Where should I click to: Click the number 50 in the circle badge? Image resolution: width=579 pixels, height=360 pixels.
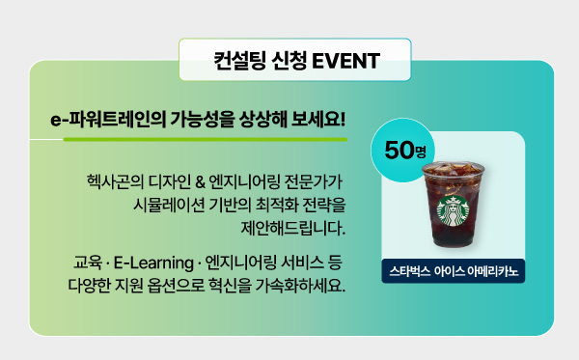tap(398, 150)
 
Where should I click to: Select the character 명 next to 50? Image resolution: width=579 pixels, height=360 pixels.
tap(419, 152)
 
